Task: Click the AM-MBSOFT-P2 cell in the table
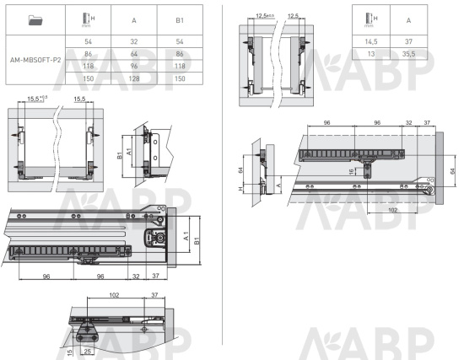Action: point(35,60)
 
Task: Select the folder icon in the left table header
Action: point(35,20)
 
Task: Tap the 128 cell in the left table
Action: point(134,78)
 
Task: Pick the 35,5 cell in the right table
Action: point(408,54)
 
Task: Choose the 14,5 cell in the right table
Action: point(371,41)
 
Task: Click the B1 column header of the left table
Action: point(180,20)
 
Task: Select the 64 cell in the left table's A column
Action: point(134,54)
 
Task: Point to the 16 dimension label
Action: point(351,172)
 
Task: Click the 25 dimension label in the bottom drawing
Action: point(88,351)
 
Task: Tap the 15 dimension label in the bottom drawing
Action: point(70,352)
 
